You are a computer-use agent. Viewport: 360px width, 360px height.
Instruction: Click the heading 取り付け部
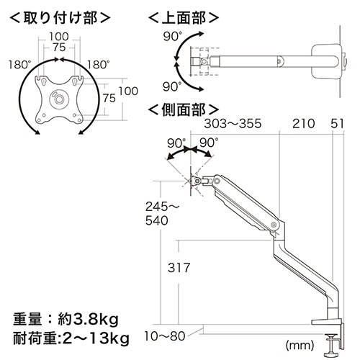point(60,18)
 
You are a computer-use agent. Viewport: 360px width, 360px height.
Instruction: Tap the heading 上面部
point(184,18)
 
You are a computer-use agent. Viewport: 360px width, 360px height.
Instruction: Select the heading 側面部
point(184,110)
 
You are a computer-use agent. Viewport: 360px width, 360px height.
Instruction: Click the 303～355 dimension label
point(233,124)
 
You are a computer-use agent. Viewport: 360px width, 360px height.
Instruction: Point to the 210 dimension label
point(303,124)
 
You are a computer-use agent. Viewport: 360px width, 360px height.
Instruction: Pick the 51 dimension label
point(337,124)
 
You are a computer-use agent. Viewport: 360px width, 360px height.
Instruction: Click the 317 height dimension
point(179,267)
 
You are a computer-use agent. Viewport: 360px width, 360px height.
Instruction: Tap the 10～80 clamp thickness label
point(165,336)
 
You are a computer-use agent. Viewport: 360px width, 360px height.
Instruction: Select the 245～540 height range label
point(162,213)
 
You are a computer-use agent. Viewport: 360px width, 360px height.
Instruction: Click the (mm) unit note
point(300,346)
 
